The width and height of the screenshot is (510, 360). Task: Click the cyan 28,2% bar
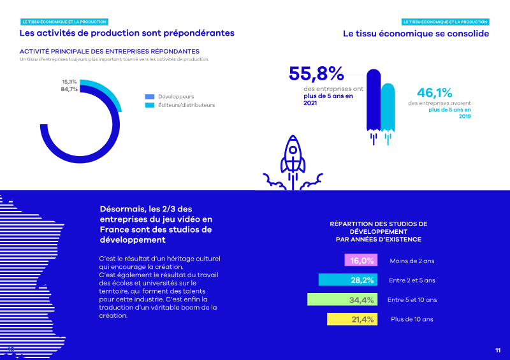(347, 280)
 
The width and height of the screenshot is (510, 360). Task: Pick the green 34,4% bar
(342, 299)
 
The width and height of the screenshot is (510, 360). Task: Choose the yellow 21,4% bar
(351, 319)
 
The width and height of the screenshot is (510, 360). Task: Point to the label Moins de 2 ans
(412, 261)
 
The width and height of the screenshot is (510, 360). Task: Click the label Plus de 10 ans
(412, 319)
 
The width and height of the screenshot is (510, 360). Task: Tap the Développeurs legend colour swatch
(150, 96)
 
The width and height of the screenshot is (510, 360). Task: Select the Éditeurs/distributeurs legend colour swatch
(150, 104)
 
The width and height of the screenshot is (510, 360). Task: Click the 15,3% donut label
(69, 82)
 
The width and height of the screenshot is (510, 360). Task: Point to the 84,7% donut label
(69, 89)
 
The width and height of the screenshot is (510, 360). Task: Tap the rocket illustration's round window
(292, 152)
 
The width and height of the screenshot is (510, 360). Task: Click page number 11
(498, 350)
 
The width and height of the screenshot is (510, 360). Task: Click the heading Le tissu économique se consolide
(416, 33)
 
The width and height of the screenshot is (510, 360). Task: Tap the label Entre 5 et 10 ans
(412, 299)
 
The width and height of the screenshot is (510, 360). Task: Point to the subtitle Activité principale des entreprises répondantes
(110, 51)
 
